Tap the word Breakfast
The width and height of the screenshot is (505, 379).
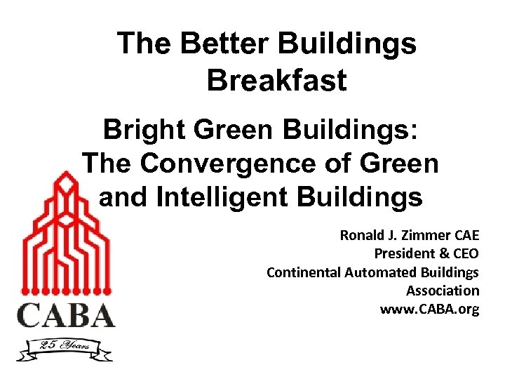(276, 80)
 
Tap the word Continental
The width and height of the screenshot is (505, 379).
(304, 272)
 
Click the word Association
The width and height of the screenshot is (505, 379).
(443, 290)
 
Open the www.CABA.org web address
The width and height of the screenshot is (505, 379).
(429, 309)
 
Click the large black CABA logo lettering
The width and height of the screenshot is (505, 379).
(66, 314)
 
